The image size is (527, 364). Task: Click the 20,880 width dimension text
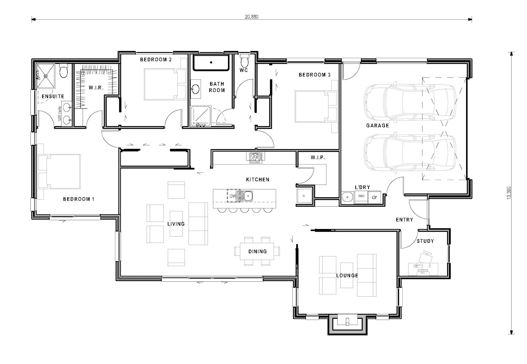click(251, 17)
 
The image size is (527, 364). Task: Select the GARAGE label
click(377, 126)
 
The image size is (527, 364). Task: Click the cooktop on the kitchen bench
click(255, 157)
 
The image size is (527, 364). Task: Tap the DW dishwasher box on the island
click(233, 196)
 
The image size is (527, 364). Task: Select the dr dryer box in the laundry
click(374, 197)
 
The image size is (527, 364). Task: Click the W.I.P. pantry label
click(318, 157)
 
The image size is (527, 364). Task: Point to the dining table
click(257, 251)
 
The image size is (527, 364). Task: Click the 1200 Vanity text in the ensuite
click(59, 113)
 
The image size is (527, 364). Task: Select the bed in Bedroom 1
click(60, 171)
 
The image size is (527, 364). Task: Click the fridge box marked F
click(304, 196)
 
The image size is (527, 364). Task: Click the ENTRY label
click(404, 220)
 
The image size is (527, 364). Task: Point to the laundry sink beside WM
click(347, 197)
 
